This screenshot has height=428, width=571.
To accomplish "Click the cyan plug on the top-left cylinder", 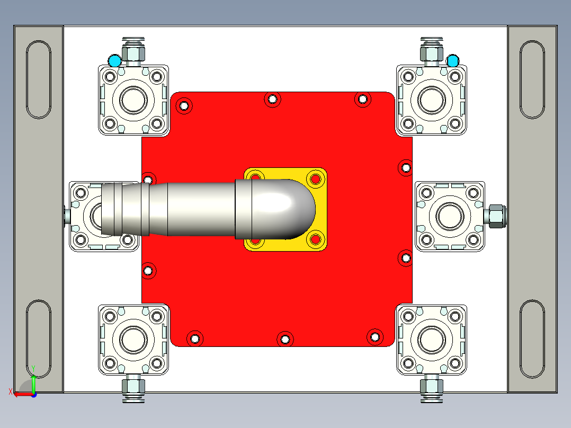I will (x=114, y=61).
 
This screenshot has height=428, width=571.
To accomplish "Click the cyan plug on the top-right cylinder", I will (x=452, y=61).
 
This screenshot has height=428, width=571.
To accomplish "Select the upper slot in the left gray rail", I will (x=39, y=79).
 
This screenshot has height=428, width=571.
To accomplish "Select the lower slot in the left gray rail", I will (x=39, y=339).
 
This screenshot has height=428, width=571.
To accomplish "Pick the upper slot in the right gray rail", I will (x=532, y=79).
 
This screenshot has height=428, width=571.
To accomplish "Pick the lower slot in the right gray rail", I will (x=532, y=339).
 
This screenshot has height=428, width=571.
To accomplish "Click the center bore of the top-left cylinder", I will (x=133, y=99).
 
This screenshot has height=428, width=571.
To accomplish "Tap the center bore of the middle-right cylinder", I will (x=449, y=216).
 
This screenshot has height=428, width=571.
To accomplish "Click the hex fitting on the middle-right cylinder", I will (x=496, y=215).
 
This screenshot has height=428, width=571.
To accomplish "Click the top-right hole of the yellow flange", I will (x=316, y=179).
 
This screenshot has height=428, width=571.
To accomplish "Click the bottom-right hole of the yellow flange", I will (x=316, y=239).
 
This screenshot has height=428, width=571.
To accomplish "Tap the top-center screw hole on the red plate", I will (x=272, y=99).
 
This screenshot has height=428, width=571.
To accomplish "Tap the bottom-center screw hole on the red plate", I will (x=285, y=338).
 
